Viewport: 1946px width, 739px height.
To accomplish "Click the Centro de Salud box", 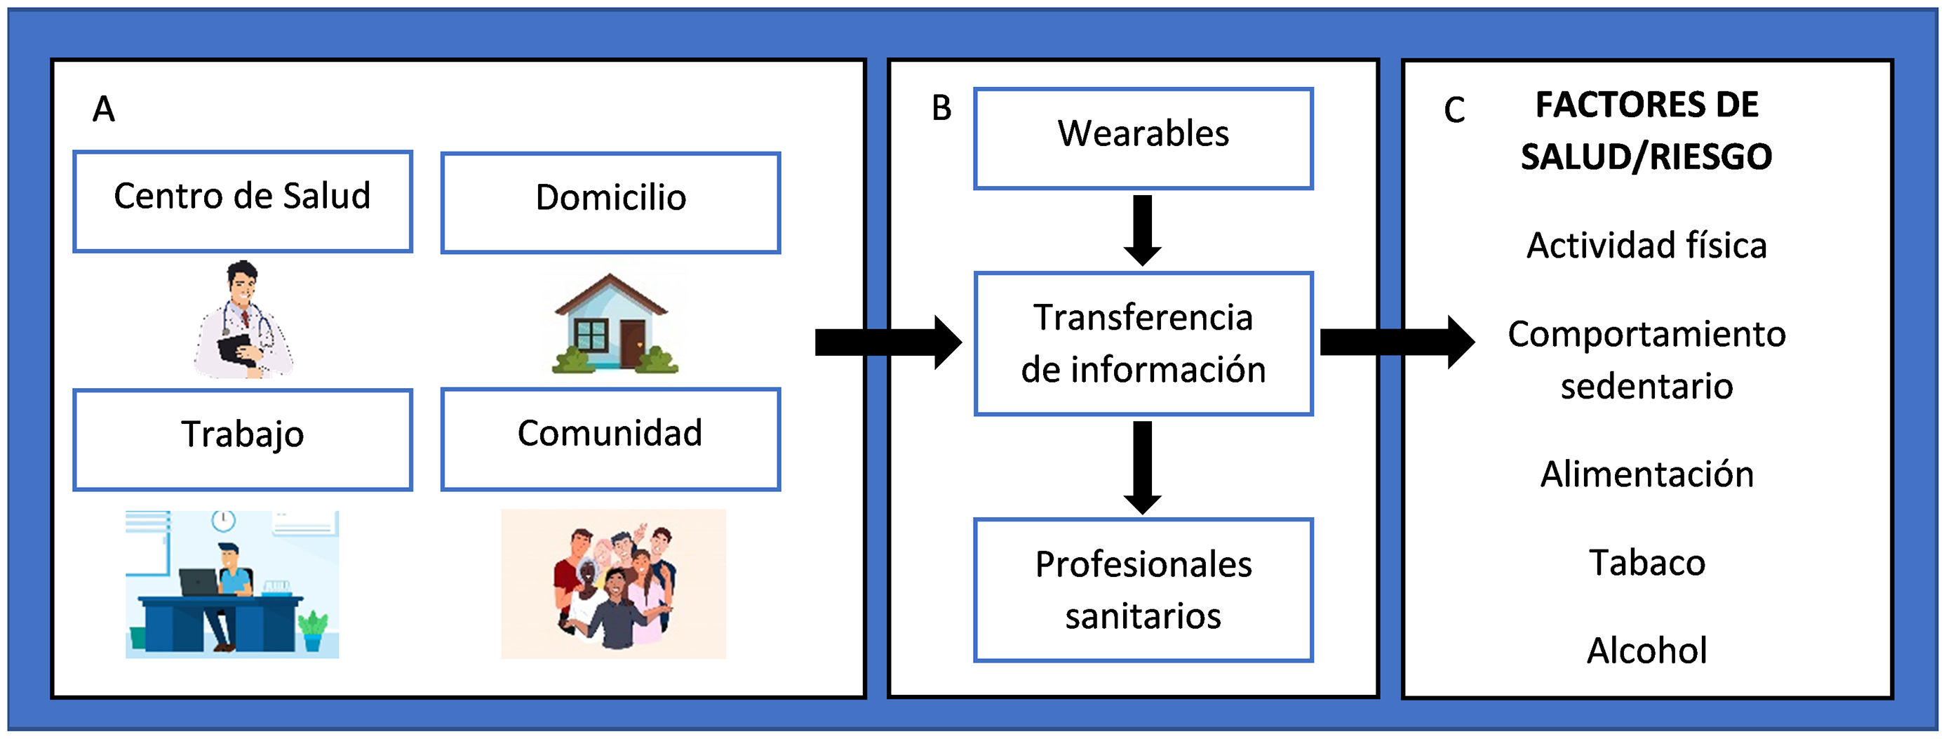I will [243, 201].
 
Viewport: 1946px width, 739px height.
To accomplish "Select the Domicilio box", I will [610, 203].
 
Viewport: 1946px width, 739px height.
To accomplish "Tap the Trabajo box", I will [243, 439].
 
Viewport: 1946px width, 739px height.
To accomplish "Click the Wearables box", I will [1143, 138].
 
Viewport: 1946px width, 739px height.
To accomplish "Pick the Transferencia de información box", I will [1143, 343].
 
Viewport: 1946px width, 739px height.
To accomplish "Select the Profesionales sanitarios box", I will [1143, 590].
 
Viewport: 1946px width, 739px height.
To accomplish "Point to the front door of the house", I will [633, 344].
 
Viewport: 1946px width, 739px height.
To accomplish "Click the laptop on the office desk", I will [198, 581].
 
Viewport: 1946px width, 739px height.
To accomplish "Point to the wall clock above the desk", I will [223, 520].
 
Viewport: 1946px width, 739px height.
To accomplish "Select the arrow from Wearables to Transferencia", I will [1143, 229].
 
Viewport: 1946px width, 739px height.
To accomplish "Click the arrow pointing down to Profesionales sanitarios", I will [1143, 467].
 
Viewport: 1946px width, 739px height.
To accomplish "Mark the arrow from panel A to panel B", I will [887, 342].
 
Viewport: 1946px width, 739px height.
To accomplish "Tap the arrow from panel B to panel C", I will [1396, 342].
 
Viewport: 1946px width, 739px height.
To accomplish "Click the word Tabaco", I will [1647, 562].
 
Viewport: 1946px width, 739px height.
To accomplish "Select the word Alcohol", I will [1647, 650].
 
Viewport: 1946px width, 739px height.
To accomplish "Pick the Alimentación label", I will [1647, 474].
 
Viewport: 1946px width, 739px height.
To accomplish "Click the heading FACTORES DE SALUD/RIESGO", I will [1647, 131].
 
